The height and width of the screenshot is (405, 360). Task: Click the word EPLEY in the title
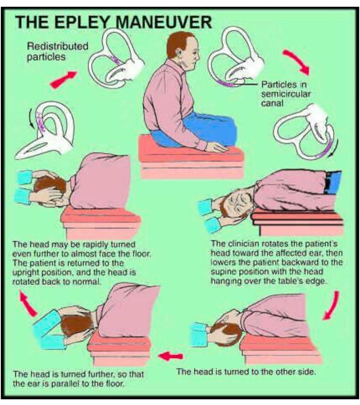pyautogui.click(x=82, y=22)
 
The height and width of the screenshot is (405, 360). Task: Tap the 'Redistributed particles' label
pyautogui.click(x=58, y=51)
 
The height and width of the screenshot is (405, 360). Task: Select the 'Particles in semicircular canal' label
pyautogui.click(x=285, y=94)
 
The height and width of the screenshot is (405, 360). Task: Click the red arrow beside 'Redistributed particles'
pyautogui.click(x=63, y=79)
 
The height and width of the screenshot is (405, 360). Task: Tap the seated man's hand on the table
pyautogui.click(x=216, y=147)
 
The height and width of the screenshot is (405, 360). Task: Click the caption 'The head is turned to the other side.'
pyautogui.click(x=246, y=372)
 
